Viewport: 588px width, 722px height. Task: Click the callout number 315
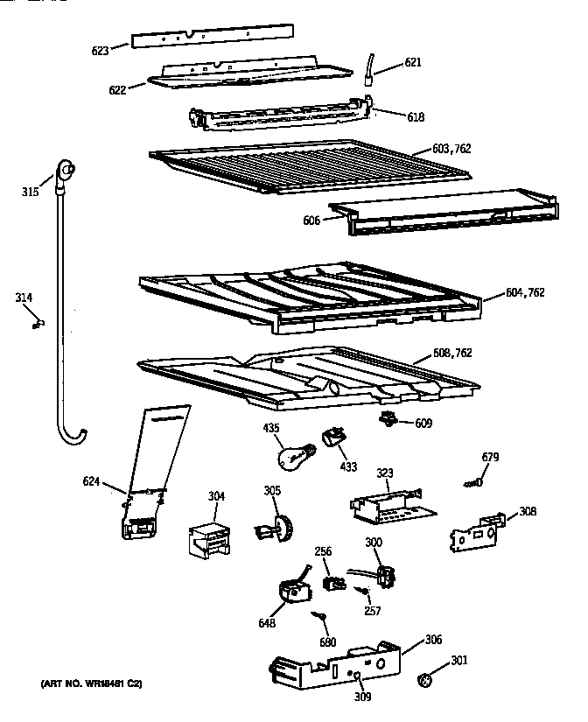(x=30, y=192)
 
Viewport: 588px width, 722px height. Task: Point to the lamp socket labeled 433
(x=332, y=435)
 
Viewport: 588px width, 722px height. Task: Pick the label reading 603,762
(x=451, y=149)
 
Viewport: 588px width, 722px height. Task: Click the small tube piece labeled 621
(x=371, y=68)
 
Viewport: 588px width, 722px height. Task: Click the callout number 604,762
(x=525, y=292)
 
